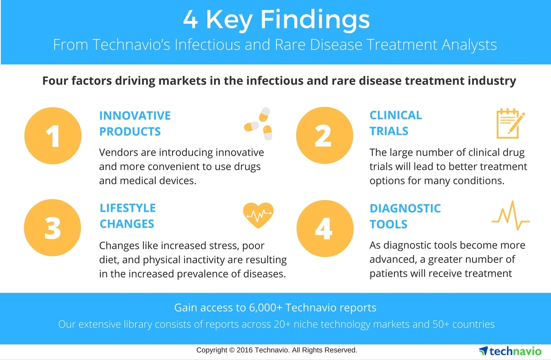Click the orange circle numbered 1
pos(53,135)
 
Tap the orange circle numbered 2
pos(325,135)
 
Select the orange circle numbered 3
pos(53,228)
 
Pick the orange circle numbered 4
pos(325,229)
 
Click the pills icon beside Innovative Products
pos(258,124)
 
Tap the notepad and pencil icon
pos(510,124)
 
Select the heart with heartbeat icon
pos(258,215)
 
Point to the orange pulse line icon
pos(511,215)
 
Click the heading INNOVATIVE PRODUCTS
pos(135,124)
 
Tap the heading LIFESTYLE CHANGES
pos(128,216)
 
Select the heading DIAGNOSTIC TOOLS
pos(405,216)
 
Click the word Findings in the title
pos(315,20)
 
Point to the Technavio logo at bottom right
pos(510,351)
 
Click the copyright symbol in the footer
pos(232,350)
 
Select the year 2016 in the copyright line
pos(245,350)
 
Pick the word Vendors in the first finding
pos(119,152)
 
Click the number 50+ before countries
pos(441,324)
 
